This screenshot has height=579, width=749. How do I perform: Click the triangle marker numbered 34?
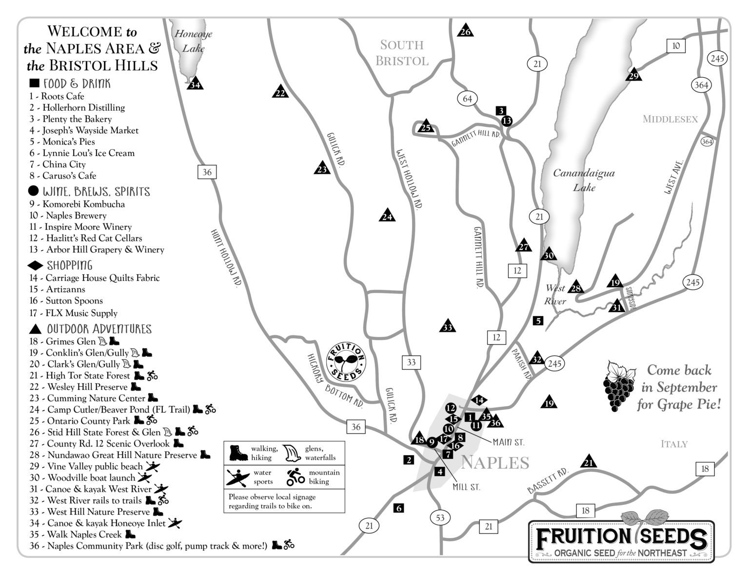tap(195, 84)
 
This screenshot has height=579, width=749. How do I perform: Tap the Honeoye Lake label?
tap(194, 41)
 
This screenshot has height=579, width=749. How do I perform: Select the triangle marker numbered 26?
tap(466, 31)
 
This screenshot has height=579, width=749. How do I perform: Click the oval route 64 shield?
tap(467, 99)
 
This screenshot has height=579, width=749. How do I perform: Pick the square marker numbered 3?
tap(502, 111)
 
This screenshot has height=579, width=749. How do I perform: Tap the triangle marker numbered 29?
tap(633, 75)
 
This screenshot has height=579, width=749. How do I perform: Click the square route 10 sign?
tap(676, 46)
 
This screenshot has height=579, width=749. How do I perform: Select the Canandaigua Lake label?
tap(584, 180)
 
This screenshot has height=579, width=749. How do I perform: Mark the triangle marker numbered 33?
tap(447, 327)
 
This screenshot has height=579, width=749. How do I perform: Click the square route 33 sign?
tap(411, 362)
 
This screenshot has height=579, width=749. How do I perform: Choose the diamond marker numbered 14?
tap(479, 400)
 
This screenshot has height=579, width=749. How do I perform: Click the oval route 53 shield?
tap(440, 518)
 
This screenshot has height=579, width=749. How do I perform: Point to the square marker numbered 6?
tap(399, 508)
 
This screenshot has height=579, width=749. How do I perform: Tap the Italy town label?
tap(674, 444)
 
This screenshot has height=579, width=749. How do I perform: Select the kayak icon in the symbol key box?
tap(237, 477)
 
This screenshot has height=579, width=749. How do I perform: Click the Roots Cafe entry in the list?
tap(57, 97)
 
